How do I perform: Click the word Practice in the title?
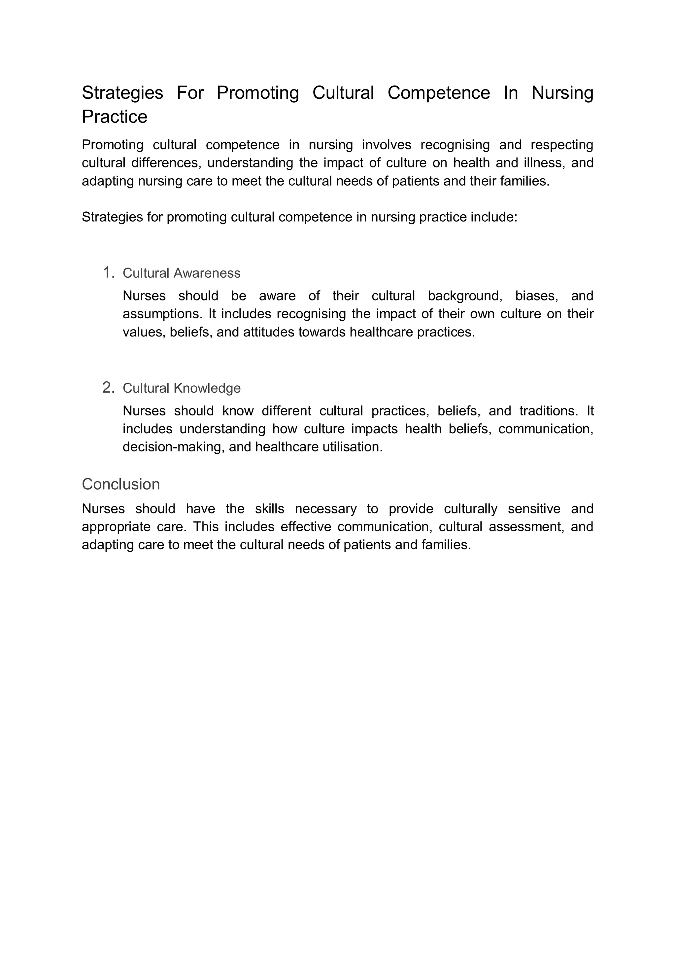pyautogui.click(x=115, y=117)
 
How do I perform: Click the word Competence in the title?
pyautogui.click(x=438, y=93)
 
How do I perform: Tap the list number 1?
pyautogui.click(x=108, y=273)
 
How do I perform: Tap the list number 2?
pyautogui.click(x=108, y=388)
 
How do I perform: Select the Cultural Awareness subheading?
pyautogui.click(x=182, y=273)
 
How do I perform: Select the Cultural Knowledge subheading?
pyautogui.click(x=182, y=388)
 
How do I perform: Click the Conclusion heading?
pyautogui.click(x=121, y=484)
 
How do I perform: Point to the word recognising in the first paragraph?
pyautogui.click(x=455, y=145)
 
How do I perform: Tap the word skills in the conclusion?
pyautogui.click(x=269, y=509)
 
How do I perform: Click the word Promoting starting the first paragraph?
pyautogui.click(x=112, y=145)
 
